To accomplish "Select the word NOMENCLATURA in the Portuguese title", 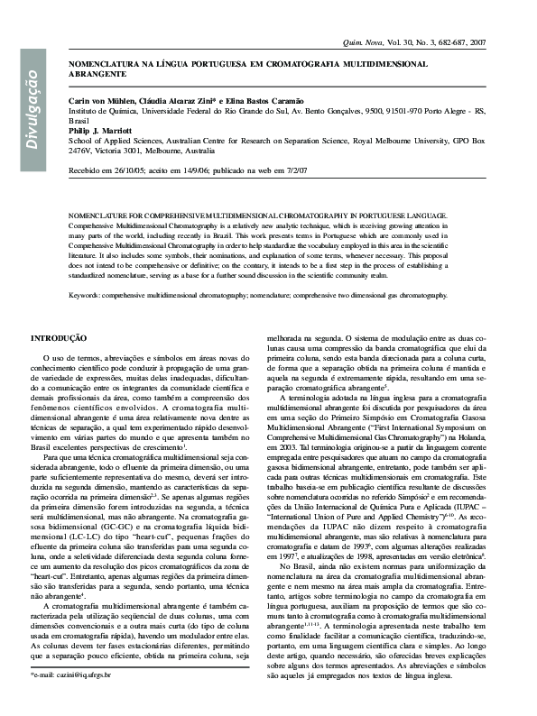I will click(108, 66).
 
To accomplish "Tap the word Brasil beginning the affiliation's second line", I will click(80, 120).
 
